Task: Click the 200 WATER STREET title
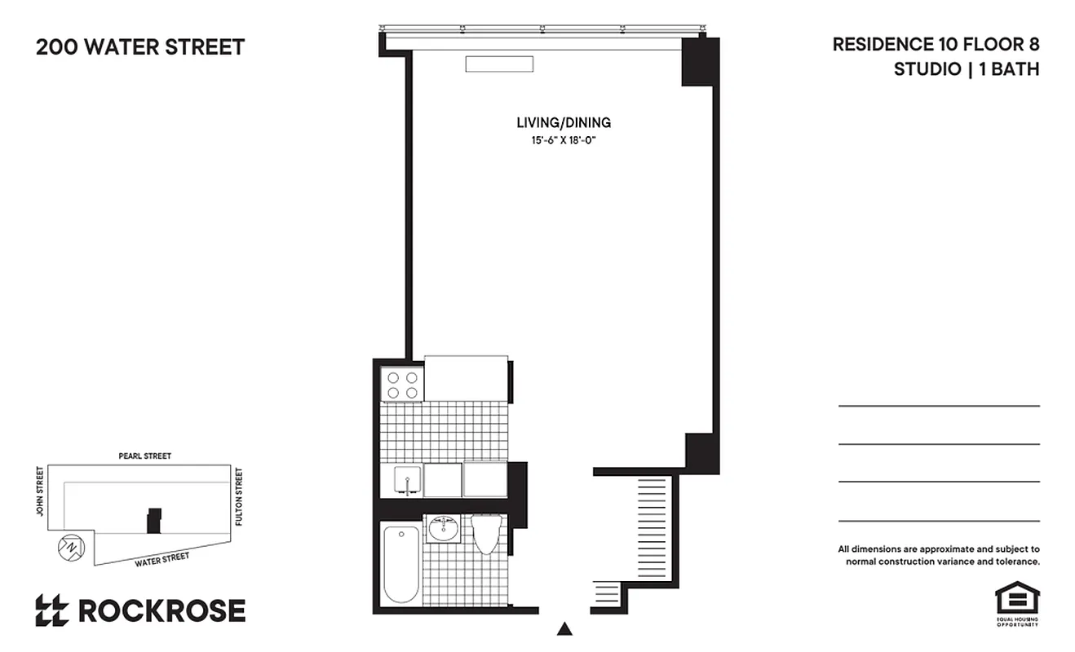(140, 47)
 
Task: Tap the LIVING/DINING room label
(564, 123)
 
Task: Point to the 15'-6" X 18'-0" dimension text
(564, 140)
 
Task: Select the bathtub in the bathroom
(401, 563)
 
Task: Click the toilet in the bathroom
(486, 533)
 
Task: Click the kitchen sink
(405, 480)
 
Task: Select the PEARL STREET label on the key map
(145, 456)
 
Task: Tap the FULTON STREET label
(239, 496)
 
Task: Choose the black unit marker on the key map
(153, 521)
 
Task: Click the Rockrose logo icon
(51, 610)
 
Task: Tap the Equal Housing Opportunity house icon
(1016, 599)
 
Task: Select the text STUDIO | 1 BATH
(967, 69)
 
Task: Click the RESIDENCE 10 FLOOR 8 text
(936, 45)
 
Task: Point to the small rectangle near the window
(499, 64)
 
